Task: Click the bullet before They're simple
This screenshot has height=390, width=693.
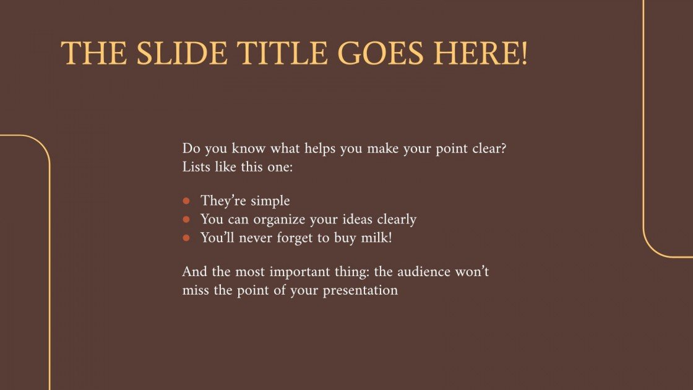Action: point(186,201)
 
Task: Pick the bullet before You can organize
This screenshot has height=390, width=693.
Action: point(186,219)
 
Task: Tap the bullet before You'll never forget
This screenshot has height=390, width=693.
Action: point(186,238)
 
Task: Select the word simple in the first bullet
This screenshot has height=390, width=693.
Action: point(270,201)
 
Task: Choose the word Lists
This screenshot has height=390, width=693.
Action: point(195,168)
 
